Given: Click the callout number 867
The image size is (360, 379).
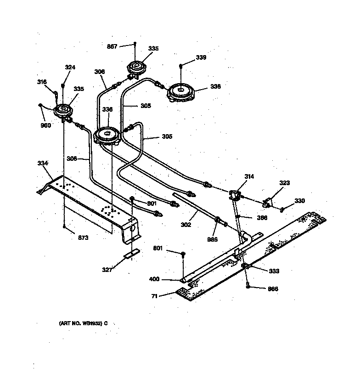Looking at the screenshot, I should tap(112, 46).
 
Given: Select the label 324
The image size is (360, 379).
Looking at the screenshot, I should tap(70, 67).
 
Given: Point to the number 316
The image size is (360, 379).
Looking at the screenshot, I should tap(42, 82).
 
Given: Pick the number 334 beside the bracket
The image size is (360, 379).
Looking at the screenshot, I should tap(43, 163).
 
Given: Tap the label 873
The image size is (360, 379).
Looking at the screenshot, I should tap(83, 238).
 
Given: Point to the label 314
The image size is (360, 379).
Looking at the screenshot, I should tap(249, 176).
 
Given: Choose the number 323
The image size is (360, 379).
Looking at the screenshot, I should tap(285, 183).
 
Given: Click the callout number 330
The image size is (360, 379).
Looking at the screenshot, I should tap(299, 200).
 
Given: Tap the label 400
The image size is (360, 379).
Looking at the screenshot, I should tap(155, 279).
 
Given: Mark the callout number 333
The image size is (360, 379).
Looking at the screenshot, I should tap(274, 271).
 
